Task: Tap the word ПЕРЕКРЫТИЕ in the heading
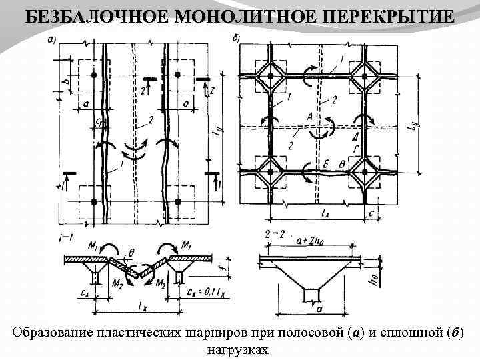point(379,17)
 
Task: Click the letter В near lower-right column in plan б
point(343,164)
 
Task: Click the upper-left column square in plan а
point(95,75)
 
